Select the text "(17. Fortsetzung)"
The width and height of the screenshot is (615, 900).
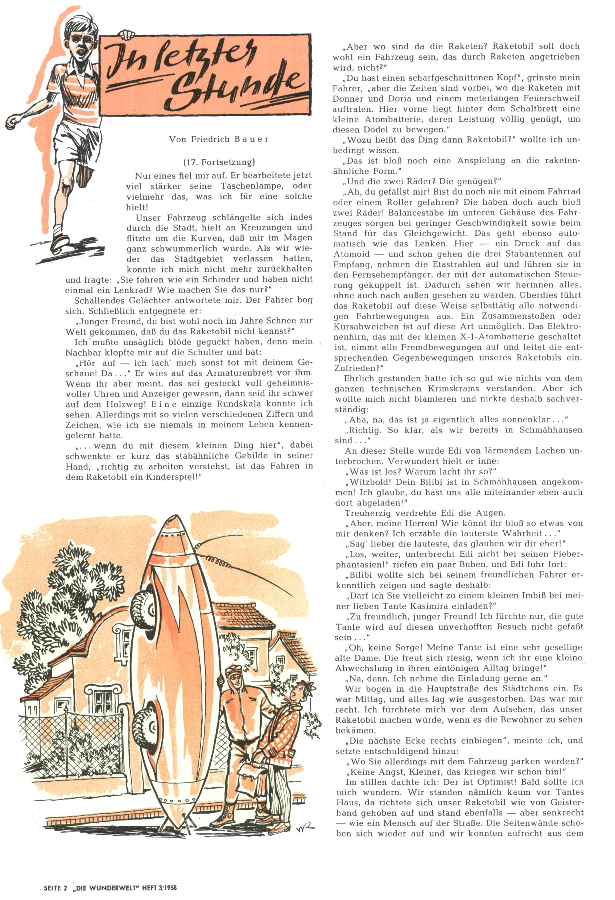[x=219, y=162]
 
